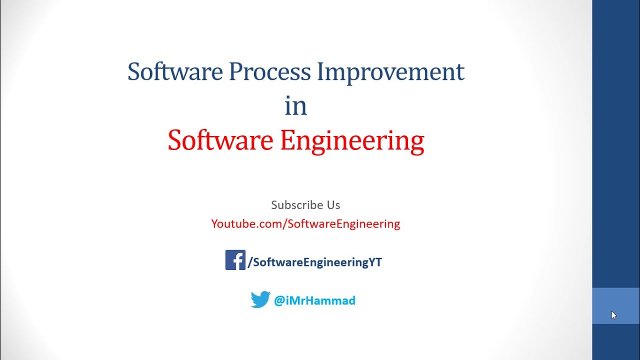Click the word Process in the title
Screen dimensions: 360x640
coord(269,71)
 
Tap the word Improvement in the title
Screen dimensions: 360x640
coord(390,71)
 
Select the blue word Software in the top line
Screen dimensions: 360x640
coord(175,71)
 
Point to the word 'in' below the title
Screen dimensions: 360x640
coord(295,106)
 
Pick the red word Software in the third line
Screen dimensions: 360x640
coord(220,140)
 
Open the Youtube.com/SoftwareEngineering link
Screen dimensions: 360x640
coord(305,223)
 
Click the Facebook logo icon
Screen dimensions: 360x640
coord(235,260)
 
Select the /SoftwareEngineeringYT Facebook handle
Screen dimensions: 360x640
coord(315,262)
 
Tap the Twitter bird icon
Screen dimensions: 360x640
coord(260,299)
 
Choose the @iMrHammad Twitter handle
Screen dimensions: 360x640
coord(314,300)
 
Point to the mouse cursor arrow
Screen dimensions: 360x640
coord(613,315)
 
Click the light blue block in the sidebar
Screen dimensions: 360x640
coord(616,305)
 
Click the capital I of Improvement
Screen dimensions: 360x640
coord(321,71)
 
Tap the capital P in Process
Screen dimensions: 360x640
coord(234,71)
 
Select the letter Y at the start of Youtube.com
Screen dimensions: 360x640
coord(214,223)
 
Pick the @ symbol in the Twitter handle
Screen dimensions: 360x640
coord(279,300)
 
